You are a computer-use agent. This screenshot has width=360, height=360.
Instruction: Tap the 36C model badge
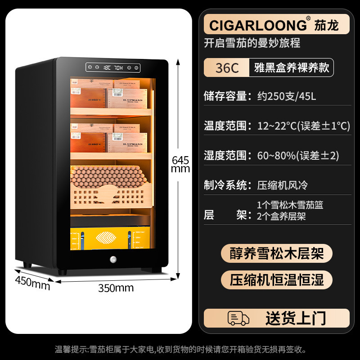[227, 68]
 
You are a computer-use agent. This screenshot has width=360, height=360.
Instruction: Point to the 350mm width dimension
[116, 288]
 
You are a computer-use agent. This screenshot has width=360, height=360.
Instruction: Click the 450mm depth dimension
[32, 284]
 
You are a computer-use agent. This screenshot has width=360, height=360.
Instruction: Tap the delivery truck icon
[238, 318]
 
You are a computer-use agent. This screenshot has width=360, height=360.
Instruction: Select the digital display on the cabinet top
[113, 68]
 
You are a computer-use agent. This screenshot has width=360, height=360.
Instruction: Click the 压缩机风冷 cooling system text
[282, 185]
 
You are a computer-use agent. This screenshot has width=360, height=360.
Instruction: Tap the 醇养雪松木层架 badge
[276, 253]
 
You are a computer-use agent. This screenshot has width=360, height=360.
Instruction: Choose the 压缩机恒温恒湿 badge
[276, 279]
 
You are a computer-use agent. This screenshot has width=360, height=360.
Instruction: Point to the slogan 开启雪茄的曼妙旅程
[252, 43]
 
